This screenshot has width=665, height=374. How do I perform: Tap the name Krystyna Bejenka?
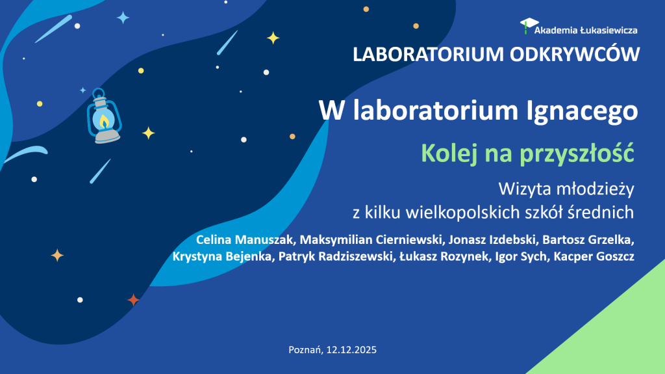click(x=223, y=257)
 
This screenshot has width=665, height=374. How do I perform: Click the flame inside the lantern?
click(x=104, y=120)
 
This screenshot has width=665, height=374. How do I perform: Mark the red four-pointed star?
click(x=133, y=300)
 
